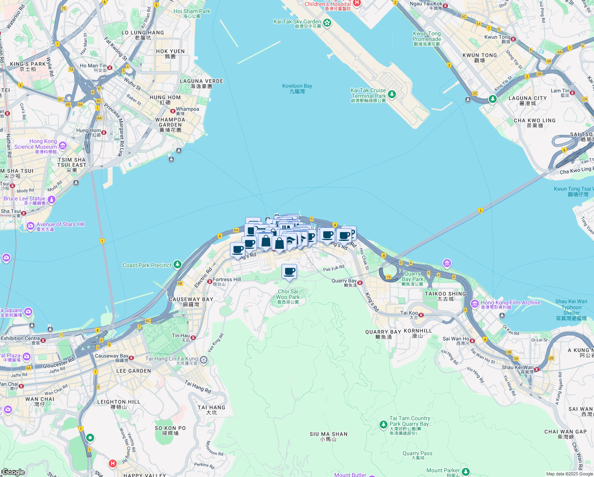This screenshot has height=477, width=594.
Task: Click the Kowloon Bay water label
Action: pos(297,88)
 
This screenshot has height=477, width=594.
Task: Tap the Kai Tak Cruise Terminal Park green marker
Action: pos(391,94)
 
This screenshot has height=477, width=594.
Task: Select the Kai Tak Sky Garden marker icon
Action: pos(327,23)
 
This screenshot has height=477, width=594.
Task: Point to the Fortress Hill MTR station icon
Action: pos(210,281)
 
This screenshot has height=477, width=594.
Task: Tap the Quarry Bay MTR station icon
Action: pos(360,283)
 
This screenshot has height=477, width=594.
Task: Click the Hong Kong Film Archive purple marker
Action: pos(474,304)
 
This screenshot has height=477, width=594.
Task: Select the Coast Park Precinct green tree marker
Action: pos(177,264)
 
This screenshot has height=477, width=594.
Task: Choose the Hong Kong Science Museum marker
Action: pos(63,146)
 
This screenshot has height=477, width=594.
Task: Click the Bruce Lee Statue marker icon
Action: pos(52,199)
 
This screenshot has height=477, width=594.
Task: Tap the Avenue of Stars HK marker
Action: pos(31,226)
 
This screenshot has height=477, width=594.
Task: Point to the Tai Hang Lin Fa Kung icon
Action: pos(204,360)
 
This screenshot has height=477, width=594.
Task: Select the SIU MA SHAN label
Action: pos(328,436)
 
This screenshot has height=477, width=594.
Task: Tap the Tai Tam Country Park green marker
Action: pos(383,425)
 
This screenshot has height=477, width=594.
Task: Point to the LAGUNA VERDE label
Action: pos(201,83)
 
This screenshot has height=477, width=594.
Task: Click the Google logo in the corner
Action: pos(13,472)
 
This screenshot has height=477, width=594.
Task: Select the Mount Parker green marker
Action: pos(465,472)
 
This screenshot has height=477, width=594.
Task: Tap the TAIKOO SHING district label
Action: pos(445,296)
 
